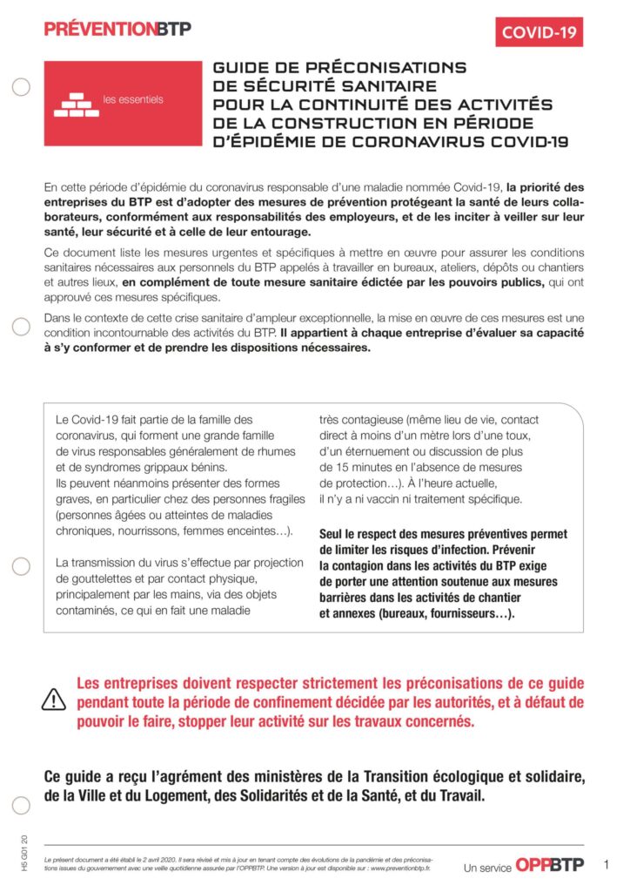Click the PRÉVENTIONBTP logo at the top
point(117,29)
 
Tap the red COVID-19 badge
point(539,32)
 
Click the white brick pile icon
point(76,105)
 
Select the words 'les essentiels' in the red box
point(133,99)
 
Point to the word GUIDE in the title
point(242,68)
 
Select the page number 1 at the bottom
point(606,865)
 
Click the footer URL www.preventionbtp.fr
point(399,868)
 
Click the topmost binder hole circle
point(22,86)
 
